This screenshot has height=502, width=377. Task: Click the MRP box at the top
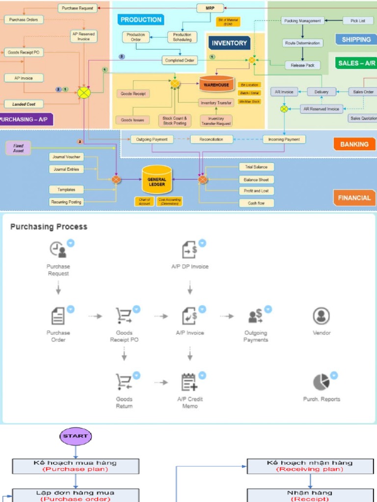tap(210, 8)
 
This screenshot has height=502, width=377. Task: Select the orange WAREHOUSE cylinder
tap(216, 84)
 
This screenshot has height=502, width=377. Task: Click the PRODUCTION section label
tap(141, 20)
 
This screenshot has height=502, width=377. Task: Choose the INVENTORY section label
tap(229, 43)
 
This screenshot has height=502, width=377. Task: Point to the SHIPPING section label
tap(356, 39)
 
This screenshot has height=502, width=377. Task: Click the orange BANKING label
tap(354, 144)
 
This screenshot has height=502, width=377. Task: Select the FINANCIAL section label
tap(354, 198)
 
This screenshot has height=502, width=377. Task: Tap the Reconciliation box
tap(211, 139)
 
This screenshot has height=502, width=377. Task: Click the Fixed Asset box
tap(18, 148)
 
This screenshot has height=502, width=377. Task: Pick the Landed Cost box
tap(24, 104)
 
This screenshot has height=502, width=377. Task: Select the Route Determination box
tap(303, 43)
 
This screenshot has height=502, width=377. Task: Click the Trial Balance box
tap(256, 167)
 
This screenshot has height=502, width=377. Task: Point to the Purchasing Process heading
tap(49, 226)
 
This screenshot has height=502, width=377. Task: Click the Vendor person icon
tap(321, 315)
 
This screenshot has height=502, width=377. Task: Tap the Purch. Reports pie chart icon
tap(321, 382)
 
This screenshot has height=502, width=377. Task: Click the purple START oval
tap(76, 435)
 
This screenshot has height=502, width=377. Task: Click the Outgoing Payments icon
tap(255, 316)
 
